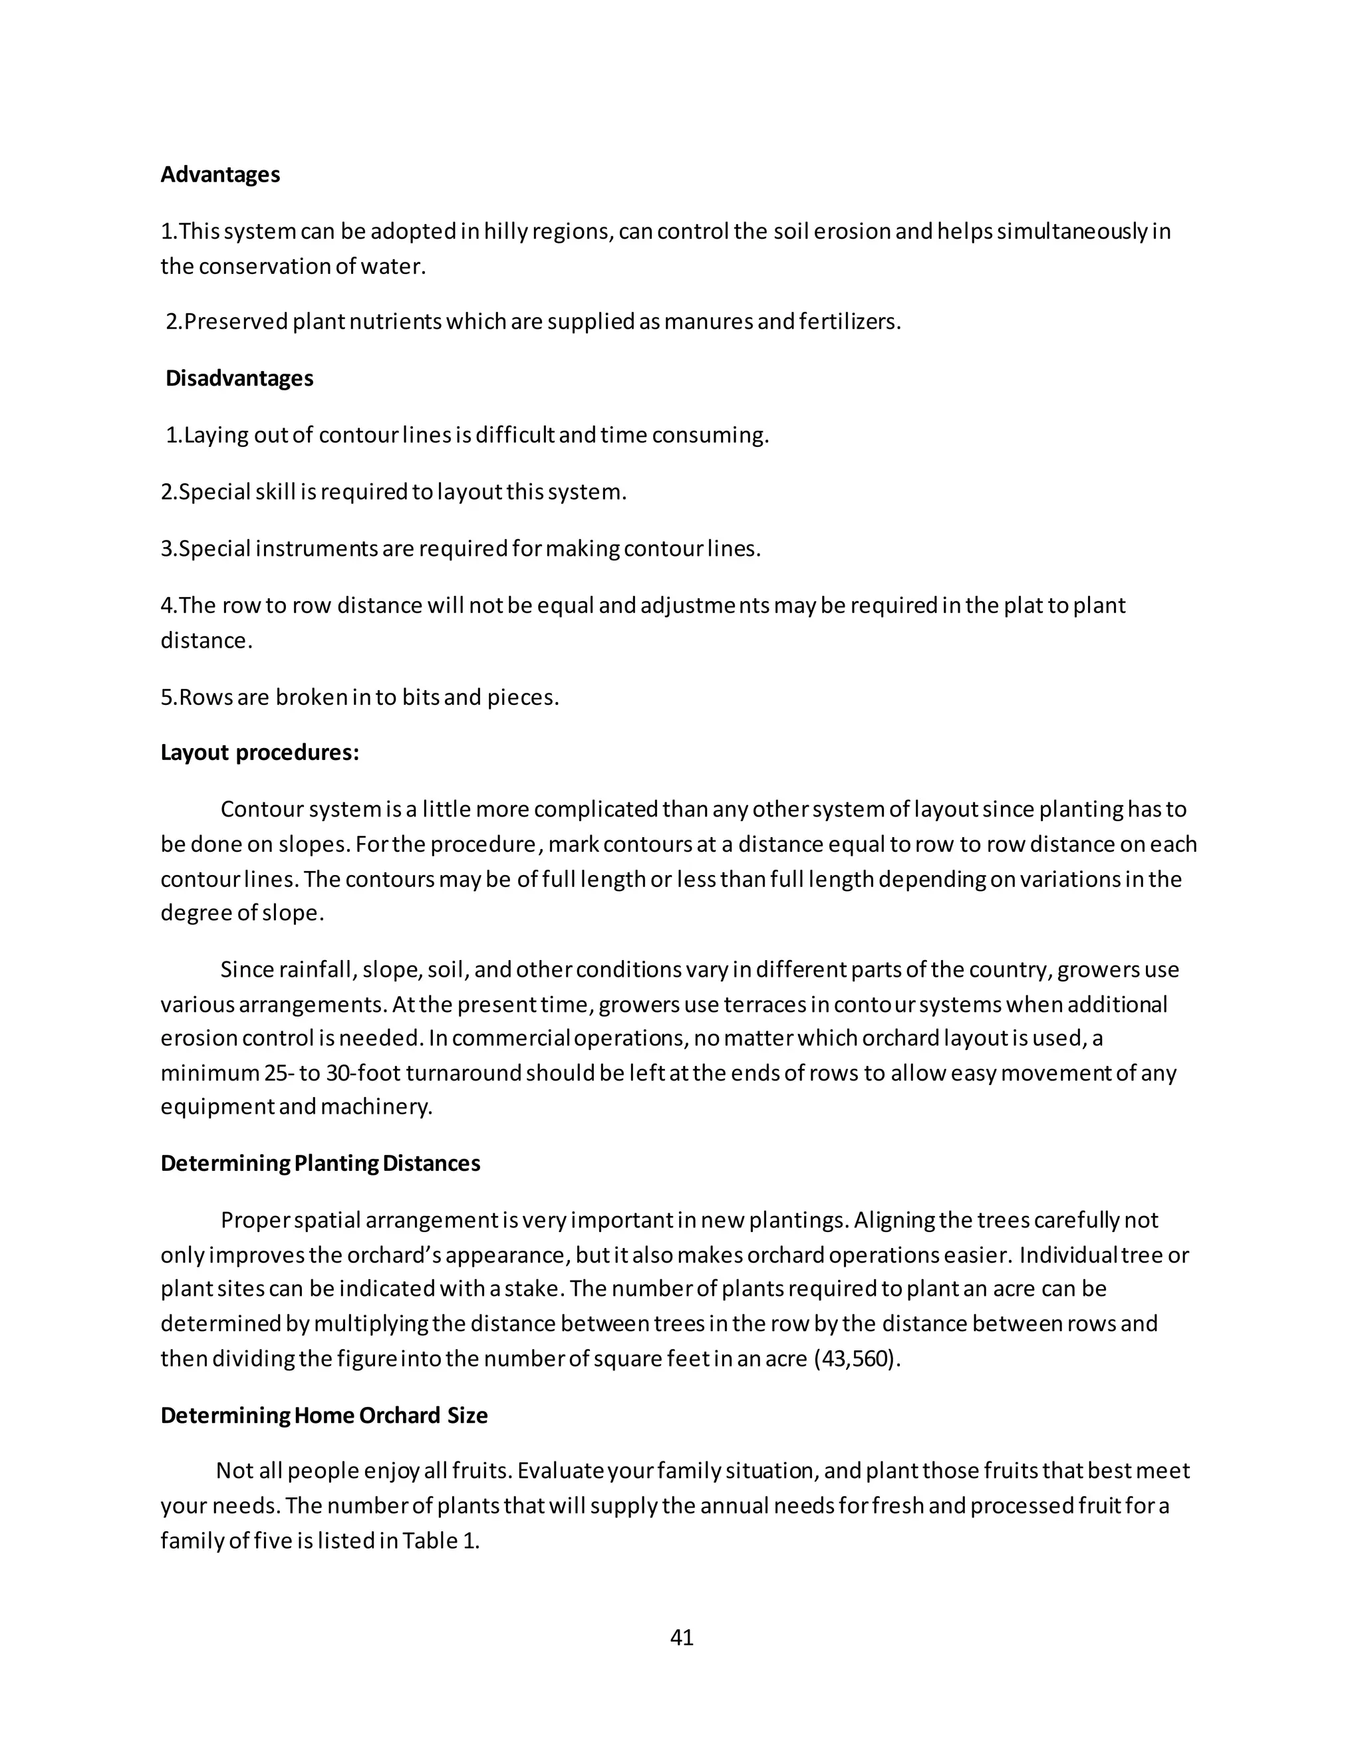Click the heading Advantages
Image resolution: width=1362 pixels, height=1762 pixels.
point(219,175)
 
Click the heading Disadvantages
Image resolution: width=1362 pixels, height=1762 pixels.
point(239,378)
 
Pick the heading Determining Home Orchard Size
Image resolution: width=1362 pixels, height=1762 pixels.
point(324,1416)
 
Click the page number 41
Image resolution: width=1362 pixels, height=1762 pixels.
point(681,1638)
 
